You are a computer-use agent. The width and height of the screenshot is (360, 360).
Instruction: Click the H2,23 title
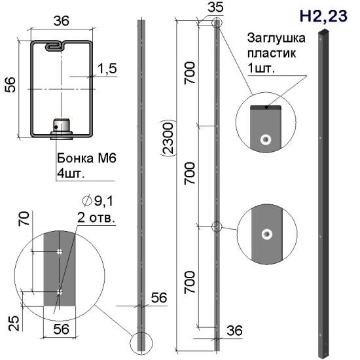[x=323, y=16]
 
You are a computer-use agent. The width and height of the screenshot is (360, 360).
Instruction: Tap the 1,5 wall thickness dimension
[x=107, y=69]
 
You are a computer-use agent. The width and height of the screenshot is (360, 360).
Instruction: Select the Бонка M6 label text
[x=86, y=158]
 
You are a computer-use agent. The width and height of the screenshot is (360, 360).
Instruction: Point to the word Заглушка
[x=276, y=39]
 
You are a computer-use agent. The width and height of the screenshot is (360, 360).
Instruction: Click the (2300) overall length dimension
[x=168, y=138]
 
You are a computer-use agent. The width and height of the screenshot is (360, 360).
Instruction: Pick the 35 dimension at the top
[x=215, y=7]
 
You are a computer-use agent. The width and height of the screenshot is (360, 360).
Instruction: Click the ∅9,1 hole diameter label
[x=98, y=201]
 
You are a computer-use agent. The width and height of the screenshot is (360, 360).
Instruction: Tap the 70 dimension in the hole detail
[x=24, y=219]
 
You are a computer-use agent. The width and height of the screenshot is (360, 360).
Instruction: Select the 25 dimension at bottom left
[x=14, y=323]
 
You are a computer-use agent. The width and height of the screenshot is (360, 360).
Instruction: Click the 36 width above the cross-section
[x=62, y=21]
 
